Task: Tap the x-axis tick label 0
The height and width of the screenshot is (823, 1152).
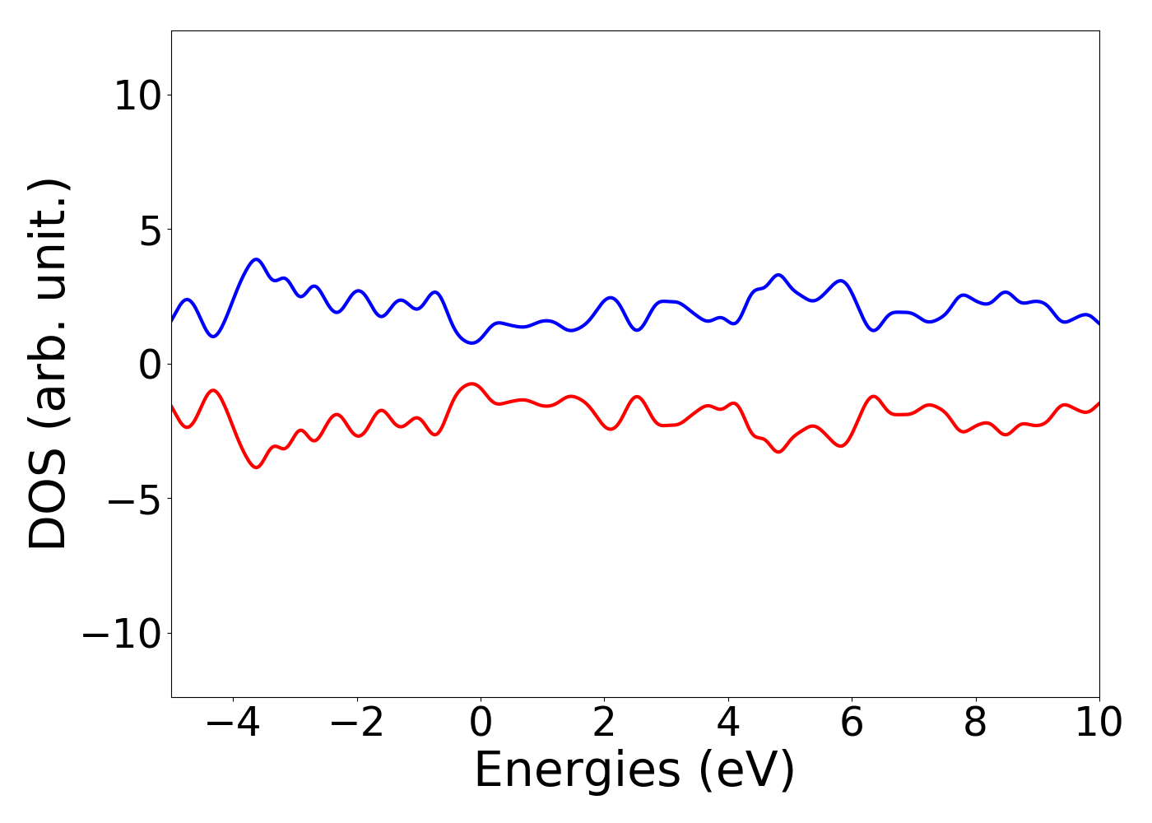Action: point(481,723)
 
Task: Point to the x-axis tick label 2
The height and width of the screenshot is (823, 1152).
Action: point(604,723)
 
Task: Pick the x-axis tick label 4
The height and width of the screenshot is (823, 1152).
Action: point(728,723)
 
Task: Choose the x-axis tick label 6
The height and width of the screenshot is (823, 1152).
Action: point(852,723)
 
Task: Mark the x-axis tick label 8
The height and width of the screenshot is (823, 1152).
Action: point(975,723)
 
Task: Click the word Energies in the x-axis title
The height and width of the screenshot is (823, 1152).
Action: point(577,772)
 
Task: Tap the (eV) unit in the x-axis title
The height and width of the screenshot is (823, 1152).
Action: point(747,772)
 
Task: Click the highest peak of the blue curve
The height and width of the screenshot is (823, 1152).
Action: point(257,259)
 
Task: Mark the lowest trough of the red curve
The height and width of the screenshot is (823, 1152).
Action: point(257,467)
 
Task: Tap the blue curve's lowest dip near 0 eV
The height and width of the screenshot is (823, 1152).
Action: point(471,342)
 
